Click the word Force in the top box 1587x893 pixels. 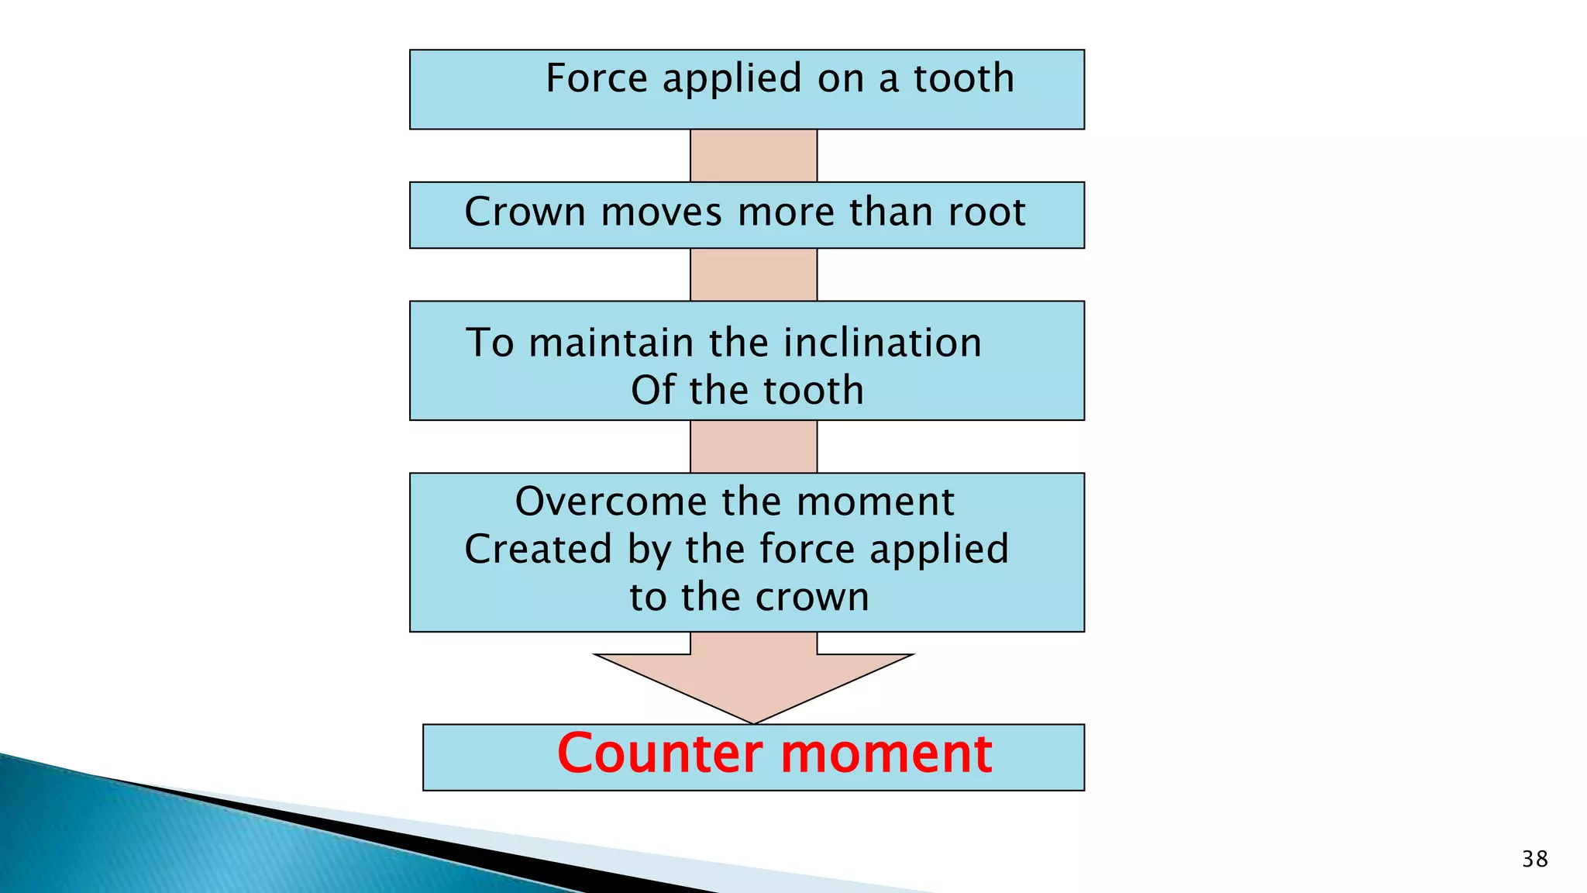[x=596, y=78]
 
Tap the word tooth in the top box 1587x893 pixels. [x=963, y=78]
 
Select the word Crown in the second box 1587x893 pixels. [x=525, y=212]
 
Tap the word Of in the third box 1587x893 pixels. [x=653, y=390]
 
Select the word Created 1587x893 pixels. [x=539, y=549]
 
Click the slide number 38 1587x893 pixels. [x=1534, y=859]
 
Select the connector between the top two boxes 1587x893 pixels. [x=753, y=156]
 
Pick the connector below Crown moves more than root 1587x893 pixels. [x=753, y=274]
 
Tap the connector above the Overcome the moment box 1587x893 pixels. [x=753, y=446]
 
